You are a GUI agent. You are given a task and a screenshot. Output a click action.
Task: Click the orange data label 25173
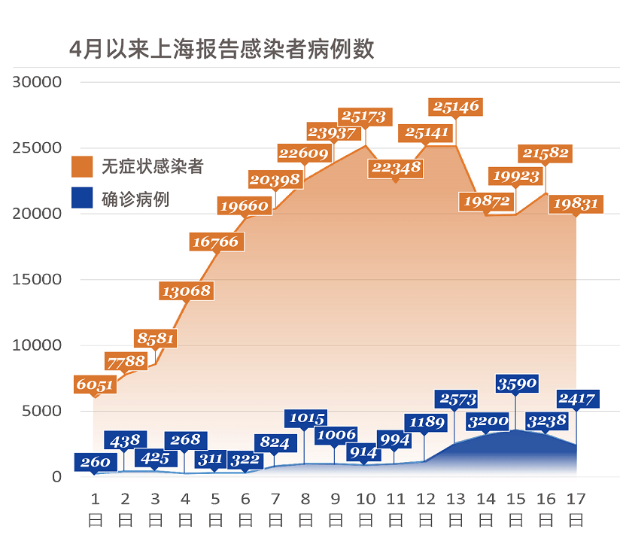(x=364, y=116)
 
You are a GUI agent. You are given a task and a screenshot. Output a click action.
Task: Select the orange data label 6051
(x=95, y=385)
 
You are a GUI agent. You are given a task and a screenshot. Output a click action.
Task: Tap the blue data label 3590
(x=516, y=383)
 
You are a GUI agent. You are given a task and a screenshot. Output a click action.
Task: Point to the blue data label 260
(x=95, y=462)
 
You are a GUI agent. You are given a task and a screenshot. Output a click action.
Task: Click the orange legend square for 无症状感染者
(x=82, y=166)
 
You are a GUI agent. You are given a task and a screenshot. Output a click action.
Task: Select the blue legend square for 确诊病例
(x=82, y=198)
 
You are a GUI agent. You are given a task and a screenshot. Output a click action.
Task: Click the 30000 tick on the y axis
(x=36, y=81)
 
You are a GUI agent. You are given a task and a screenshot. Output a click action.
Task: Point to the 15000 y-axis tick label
(x=36, y=279)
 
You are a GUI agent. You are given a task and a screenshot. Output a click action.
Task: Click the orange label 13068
(x=186, y=290)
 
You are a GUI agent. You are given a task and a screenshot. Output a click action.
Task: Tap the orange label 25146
(x=455, y=107)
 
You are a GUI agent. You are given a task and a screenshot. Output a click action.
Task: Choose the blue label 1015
(x=305, y=418)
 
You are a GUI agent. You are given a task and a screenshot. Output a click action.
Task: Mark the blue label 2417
(x=576, y=399)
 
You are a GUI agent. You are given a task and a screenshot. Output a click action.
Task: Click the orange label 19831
(x=576, y=203)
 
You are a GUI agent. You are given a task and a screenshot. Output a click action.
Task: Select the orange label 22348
(x=396, y=168)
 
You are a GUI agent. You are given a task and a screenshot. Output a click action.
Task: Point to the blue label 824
(x=275, y=442)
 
